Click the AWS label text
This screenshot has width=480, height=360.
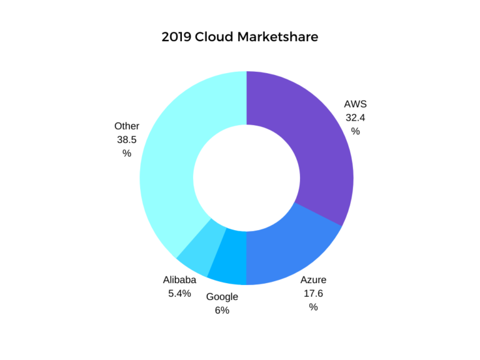coord(355,104)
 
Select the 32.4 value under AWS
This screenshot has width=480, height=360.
coord(355,117)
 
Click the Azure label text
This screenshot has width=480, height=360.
coord(313,280)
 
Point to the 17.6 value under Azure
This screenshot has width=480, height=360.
coord(313,293)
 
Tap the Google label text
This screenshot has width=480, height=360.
coord(222,297)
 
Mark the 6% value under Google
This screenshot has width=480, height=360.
coord(222,310)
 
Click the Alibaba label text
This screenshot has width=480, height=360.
coord(179,280)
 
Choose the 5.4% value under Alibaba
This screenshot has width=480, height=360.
coord(179,293)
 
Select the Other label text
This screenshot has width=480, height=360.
coord(127,126)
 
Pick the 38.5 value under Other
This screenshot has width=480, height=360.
coord(127,139)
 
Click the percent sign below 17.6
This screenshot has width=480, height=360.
coord(313,307)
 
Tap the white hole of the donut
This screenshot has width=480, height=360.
coord(246,178)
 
